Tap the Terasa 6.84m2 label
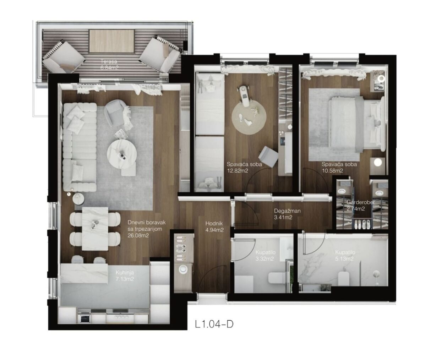[109, 65]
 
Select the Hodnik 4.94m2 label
[214, 227]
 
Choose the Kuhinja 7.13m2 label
[125, 276]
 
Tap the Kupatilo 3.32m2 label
[265, 256]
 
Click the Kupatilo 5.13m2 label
[345, 256]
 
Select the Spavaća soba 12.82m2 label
[244, 167]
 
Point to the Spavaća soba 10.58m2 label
[339, 167]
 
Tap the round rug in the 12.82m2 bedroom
[249, 116]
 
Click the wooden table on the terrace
[112, 41]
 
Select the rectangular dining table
[95, 229]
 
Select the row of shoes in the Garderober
[361, 224]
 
